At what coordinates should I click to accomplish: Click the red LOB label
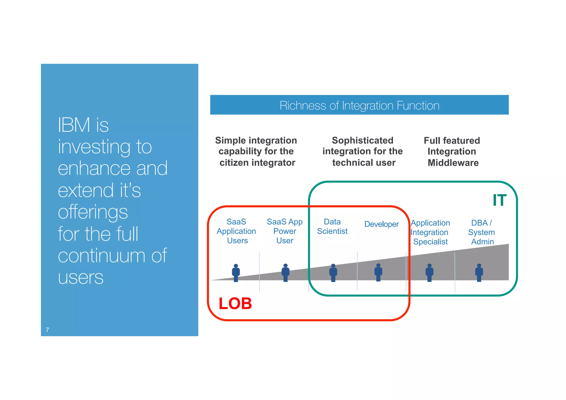pyautogui.click(x=235, y=304)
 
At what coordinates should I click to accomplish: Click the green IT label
pyautogui.click(x=499, y=200)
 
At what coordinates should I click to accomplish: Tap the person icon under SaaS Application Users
pyautogui.click(x=236, y=273)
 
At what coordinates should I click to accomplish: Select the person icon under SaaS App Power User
pyautogui.click(x=285, y=273)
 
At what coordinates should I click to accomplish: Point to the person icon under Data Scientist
pyautogui.click(x=333, y=273)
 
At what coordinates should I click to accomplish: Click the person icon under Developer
pyautogui.click(x=378, y=273)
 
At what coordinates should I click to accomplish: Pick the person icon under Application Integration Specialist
pyautogui.click(x=429, y=273)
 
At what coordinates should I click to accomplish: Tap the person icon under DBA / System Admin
pyautogui.click(x=479, y=273)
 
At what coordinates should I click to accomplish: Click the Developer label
pyautogui.click(x=381, y=224)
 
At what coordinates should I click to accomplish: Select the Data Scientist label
pyautogui.click(x=332, y=226)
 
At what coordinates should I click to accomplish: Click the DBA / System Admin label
pyautogui.click(x=481, y=232)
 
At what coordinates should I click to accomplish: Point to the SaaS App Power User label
pyautogui.click(x=285, y=231)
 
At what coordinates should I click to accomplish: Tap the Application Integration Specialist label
pyautogui.click(x=430, y=232)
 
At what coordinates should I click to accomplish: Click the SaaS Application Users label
pyautogui.click(x=236, y=231)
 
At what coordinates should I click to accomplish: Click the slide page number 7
pyautogui.click(x=48, y=330)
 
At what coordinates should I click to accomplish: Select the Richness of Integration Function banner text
pyautogui.click(x=359, y=106)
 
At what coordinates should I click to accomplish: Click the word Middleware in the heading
pyautogui.click(x=453, y=163)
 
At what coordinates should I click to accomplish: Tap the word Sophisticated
pyautogui.click(x=362, y=140)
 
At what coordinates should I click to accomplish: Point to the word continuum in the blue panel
pyautogui.click(x=102, y=256)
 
